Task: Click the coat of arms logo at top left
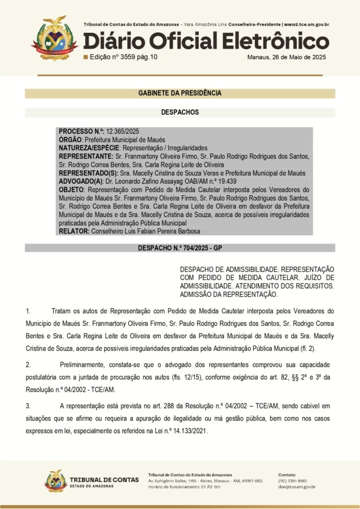pyautogui.click(x=54, y=37)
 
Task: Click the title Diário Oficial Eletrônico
pyautogui.click(x=206, y=41)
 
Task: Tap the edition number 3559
pyautogui.click(x=124, y=57)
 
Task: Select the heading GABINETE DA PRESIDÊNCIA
pyautogui.click(x=180, y=93)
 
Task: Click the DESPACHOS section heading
pyautogui.click(x=180, y=113)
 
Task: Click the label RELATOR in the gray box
pyautogui.click(x=73, y=231)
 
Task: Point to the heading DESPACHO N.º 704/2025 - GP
pyautogui.click(x=180, y=248)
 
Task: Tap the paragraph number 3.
pyautogui.click(x=28, y=406)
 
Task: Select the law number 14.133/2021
pyautogui.click(x=188, y=431)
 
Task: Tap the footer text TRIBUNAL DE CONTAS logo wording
pyautogui.click(x=106, y=479)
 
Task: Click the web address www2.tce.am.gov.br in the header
pyautogui.click(x=307, y=25)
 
